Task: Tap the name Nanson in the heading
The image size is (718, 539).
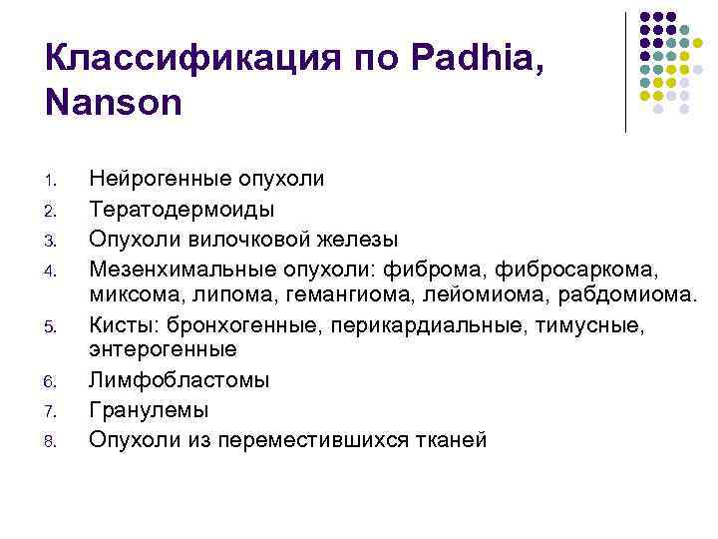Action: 114,102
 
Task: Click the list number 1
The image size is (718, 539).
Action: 57,182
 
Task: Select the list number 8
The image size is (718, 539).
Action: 57,440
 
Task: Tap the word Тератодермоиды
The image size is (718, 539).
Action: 181,209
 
